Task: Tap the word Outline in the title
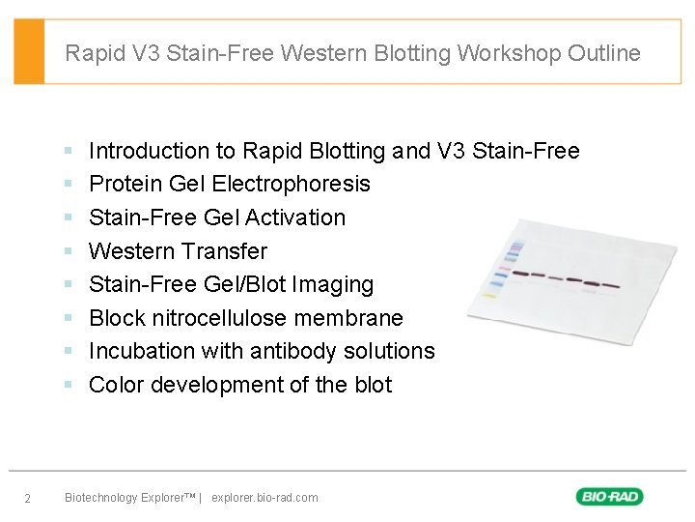tap(603, 53)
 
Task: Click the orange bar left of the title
tap(29, 51)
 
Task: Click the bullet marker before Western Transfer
tap(69, 251)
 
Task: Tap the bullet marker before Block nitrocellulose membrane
tap(69, 318)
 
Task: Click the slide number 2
tap(28, 499)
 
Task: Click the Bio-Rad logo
tap(609, 497)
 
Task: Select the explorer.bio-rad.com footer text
tap(264, 498)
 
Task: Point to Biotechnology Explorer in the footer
tap(128, 498)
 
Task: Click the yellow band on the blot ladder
tap(489, 297)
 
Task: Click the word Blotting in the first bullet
tap(346, 151)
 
